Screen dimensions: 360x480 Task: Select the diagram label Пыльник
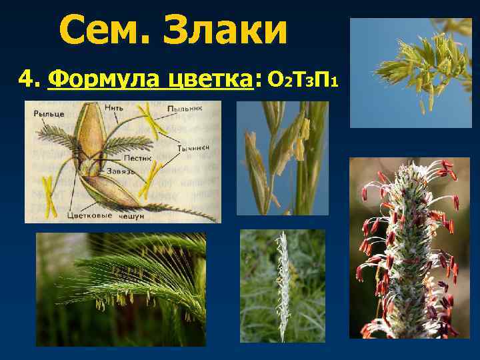[185, 107]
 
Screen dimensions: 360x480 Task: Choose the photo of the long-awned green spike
[120, 288]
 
